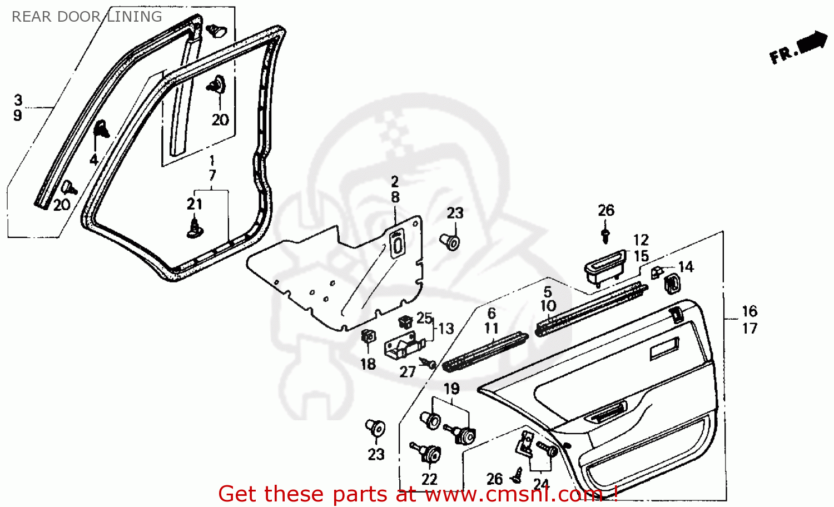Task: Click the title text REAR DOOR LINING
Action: tap(87, 17)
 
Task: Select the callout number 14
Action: tap(686, 267)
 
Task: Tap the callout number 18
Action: tap(368, 364)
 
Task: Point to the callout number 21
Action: tap(194, 204)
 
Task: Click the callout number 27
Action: tap(408, 371)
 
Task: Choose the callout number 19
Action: tap(451, 389)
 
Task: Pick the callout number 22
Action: tap(429, 479)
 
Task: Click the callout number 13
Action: tap(446, 329)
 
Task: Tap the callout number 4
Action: tap(93, 160)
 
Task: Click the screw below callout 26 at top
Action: tap(605, 235)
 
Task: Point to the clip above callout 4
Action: tap(102, 130)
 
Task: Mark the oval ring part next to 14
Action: tap(672, 283)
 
